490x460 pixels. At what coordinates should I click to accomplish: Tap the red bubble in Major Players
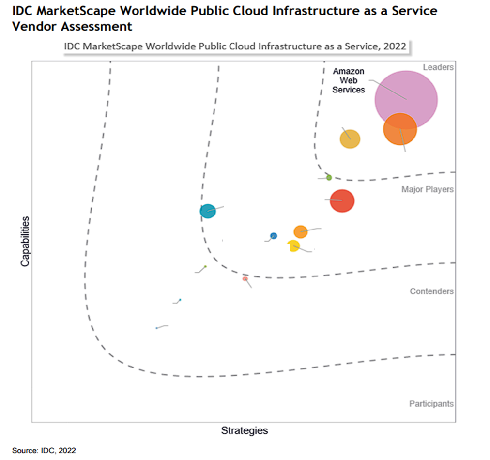pyautogui.click(x=342, y=200)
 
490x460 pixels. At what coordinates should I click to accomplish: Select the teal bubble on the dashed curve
pyautogui.click(x=207, y=211)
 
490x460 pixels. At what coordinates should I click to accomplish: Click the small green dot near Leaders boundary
pyautogui.click(x=329, y=178)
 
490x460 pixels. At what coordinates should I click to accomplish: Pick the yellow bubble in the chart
pyautogui.click(x=293, y=246)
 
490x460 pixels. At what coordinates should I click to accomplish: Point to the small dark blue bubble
pyautogui.click(x=274, y=236)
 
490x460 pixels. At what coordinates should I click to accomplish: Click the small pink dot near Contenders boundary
pyautogui.click(x=245, y=279)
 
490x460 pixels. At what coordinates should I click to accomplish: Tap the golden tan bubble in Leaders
pyautogui.click(x=350, y=139)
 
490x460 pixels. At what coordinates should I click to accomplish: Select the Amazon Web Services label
pyautogui.click(x=348, y=80)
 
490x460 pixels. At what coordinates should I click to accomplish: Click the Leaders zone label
pyautogui.click(x=438, y=67)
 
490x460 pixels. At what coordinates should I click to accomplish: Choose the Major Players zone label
pyautogui.click(x=427, y=189)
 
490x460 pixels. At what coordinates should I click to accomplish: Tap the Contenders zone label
pyautogui.click(x=431, y=291)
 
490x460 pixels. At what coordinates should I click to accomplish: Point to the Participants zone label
pyautogui.click(x=431, y=404)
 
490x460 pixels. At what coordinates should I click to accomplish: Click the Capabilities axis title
pyautogui.click(x=25, y=241)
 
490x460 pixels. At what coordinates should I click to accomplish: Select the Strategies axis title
pyautogui.click(x=244, y=430)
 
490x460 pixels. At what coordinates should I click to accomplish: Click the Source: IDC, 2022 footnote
pyautogui.click(x=44, y=450)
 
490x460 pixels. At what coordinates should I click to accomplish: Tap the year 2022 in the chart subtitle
pyautogui.click(x=395, y=46)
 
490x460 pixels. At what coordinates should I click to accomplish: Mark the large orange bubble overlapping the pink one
pyautogui.click(x=400, y=129)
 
